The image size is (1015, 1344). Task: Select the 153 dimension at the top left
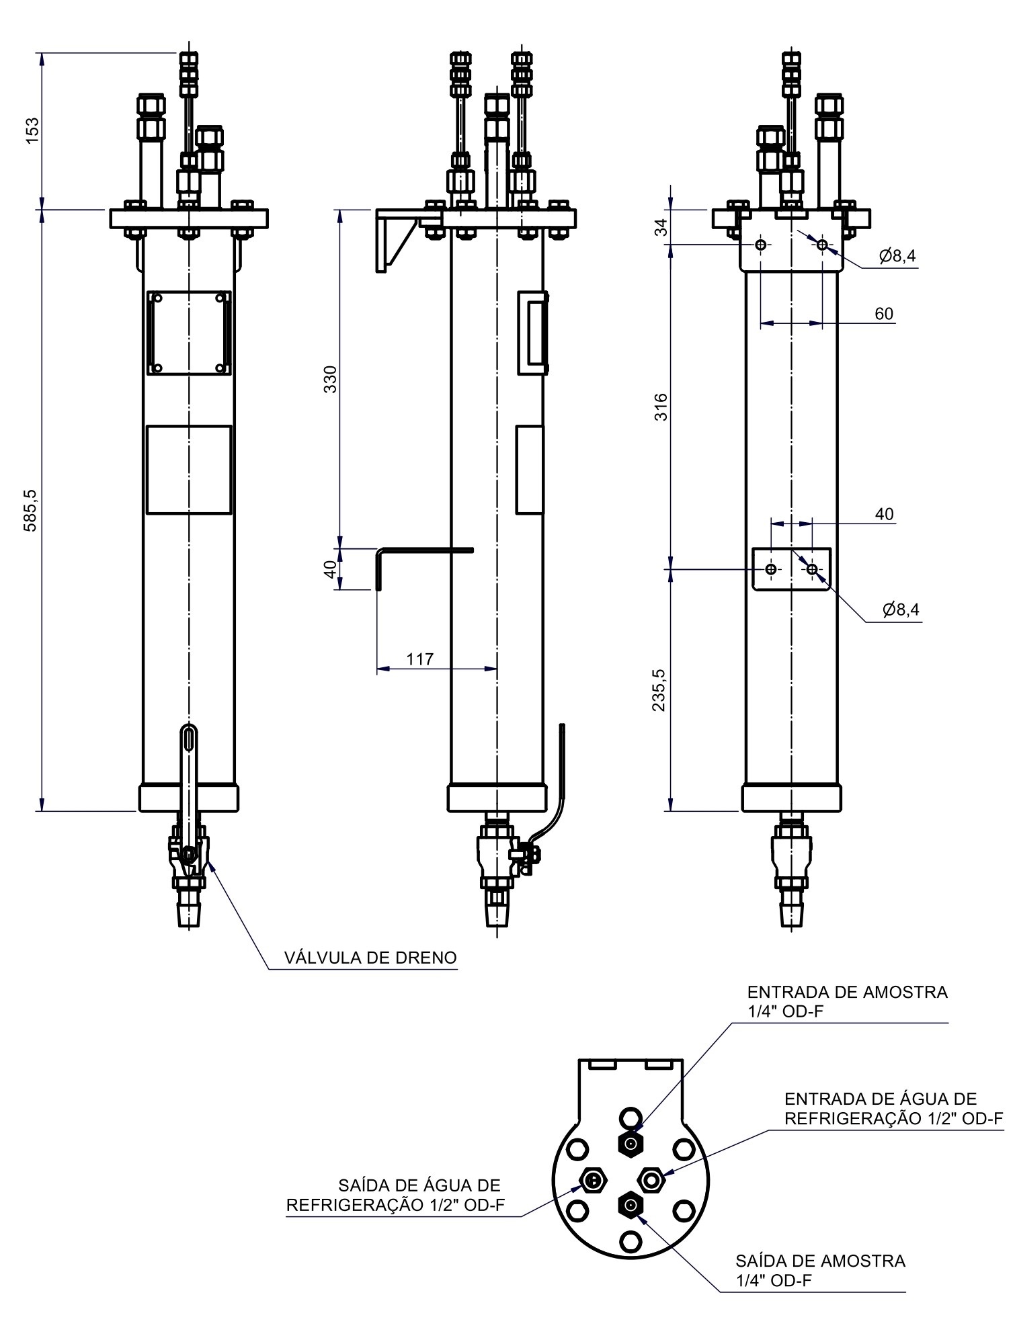32,130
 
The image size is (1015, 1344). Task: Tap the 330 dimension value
331,380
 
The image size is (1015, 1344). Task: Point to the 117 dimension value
420,659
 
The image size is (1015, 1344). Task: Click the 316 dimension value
661,407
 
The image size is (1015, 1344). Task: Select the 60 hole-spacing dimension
884,314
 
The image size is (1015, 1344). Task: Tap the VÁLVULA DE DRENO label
370,958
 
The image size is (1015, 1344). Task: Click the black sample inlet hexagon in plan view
630,1143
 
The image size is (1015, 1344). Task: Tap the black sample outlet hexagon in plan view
630,1206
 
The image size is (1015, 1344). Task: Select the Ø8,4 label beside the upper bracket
897,255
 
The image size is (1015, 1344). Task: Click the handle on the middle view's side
533,333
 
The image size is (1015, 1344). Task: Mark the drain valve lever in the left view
189,786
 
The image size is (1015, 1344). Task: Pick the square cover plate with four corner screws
189,333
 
